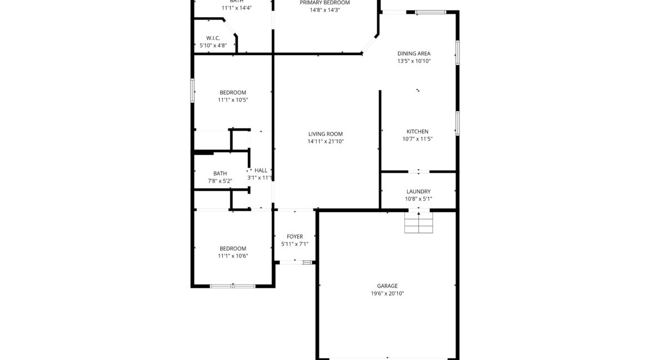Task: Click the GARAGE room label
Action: [x=387, y=286]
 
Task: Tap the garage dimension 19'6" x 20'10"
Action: [x=387, y=293]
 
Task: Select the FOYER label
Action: [x=294, y=237]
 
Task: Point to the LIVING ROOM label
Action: [x=326, y=134]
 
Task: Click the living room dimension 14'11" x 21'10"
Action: [x=326, y=141]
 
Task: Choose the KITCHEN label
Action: [x=417, y=132]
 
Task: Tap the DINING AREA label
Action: [x=414, y=54]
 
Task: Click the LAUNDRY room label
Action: [x=418, y=192]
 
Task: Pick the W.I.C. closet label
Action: [x=213, y=38]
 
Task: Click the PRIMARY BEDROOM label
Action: [x=325, y=3]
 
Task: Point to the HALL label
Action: [x=261, y=171]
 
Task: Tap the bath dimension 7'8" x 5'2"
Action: [x=220, y=181]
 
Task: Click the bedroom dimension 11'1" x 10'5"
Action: [x=233, y=100]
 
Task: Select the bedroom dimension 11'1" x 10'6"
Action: [x=233, y=256]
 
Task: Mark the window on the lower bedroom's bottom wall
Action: [x=233, y=286]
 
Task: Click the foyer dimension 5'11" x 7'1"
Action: [x=294, y=244]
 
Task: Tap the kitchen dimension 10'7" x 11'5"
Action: [x=417, y=139]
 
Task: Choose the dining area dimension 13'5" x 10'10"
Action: [x=414, y=61]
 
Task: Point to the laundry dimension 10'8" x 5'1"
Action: [x=418, y=199]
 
